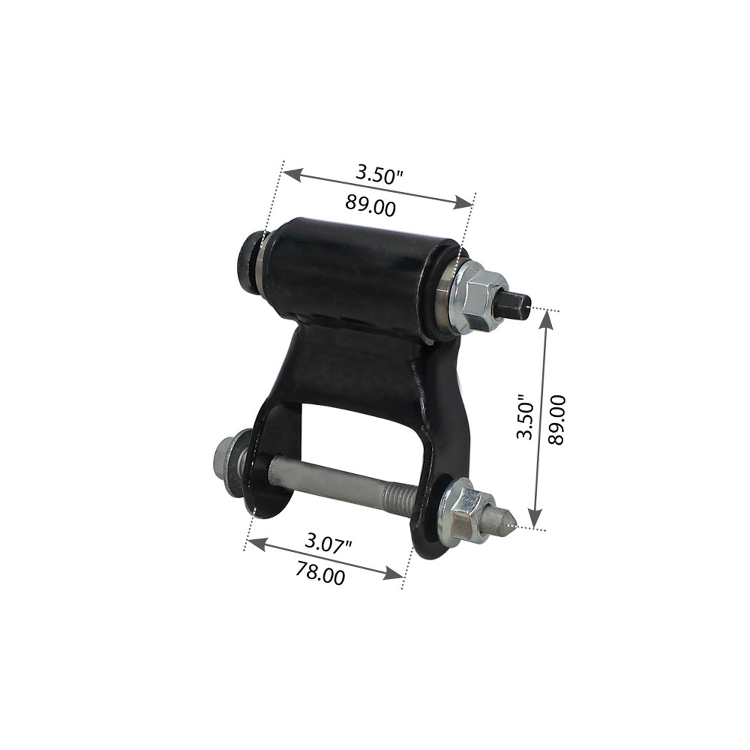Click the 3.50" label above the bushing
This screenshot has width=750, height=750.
tap(379, 175)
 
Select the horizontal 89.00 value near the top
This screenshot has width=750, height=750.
tap(370, 205)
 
